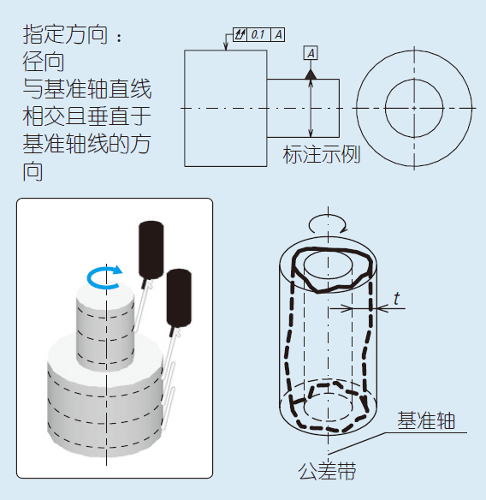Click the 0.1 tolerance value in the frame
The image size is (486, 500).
click(258, 35)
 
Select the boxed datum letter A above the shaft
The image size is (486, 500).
click(311, 53)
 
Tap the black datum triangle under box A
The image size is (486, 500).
click(311, 74)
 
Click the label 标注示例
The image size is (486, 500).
click(322, 155)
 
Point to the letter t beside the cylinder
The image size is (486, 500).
click(396, 299)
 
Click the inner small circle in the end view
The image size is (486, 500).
click(413, 108)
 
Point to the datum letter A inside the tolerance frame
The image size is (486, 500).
click(279, 35)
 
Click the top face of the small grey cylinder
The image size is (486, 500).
click(104, 293)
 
